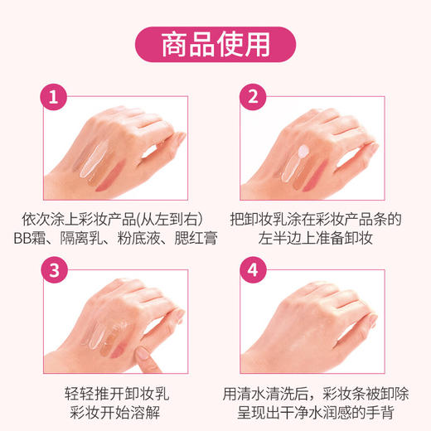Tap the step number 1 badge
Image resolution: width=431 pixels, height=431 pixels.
(x=54, y=97)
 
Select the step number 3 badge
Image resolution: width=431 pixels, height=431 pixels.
(x=54, y=270)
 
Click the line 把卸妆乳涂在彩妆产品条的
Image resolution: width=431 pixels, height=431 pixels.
(x=315, y=220)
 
